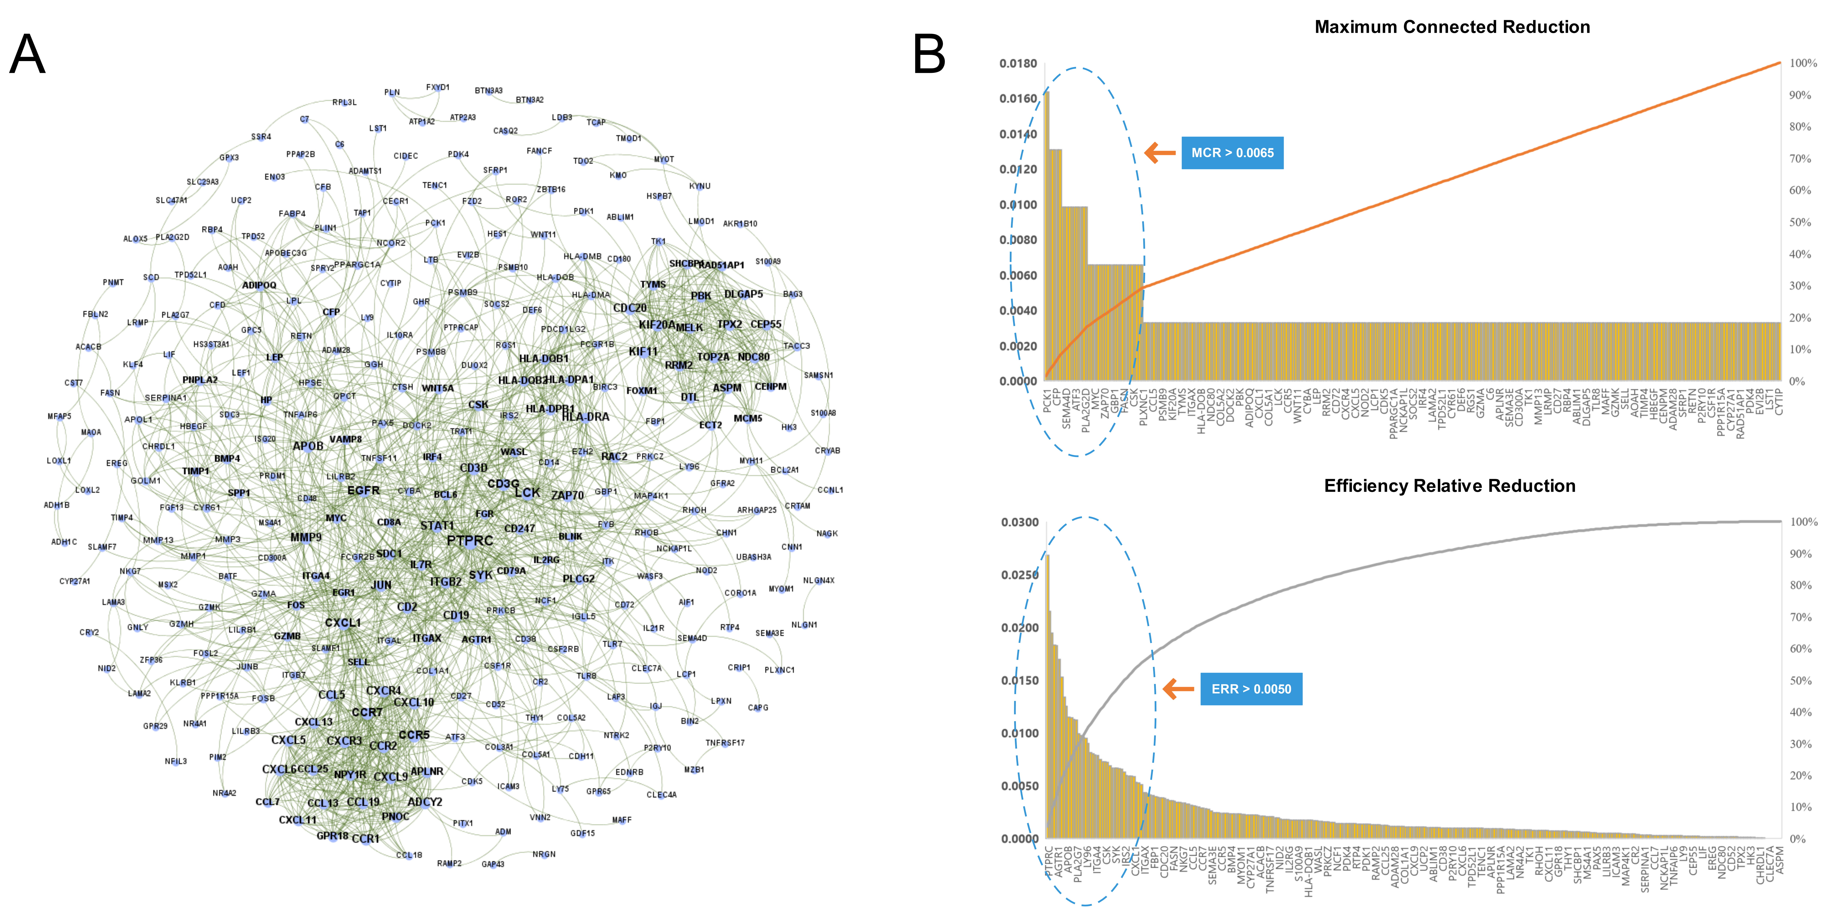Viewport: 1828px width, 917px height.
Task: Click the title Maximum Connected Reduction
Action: click(1452, 27)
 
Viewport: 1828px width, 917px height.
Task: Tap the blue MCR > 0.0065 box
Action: click(1232, 152)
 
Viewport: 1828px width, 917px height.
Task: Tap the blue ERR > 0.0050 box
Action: click(1251, 689)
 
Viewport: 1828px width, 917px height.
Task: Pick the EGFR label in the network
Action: click(363, 490)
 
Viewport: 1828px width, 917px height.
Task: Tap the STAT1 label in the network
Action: click(436, 526)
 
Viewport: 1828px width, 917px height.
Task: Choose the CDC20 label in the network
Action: click(629, 308)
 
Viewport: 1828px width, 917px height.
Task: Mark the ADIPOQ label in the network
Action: click(259, 285)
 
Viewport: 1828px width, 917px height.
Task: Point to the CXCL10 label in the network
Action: click(414, 702)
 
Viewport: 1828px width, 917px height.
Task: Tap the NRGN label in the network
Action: click(544, 854)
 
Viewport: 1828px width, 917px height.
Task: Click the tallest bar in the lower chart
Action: click(1047, 695)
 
